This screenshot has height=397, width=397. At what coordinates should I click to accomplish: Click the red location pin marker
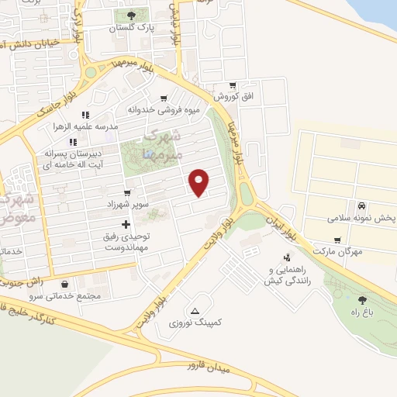tap(200, 182)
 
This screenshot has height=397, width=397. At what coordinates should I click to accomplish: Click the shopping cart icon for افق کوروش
tap(232, 85)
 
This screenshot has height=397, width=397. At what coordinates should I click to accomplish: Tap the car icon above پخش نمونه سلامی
tap(362, 206)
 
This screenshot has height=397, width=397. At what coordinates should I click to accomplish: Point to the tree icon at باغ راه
tap(362, 299)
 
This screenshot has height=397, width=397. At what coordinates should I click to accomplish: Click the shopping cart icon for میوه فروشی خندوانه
tap(164, 98)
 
